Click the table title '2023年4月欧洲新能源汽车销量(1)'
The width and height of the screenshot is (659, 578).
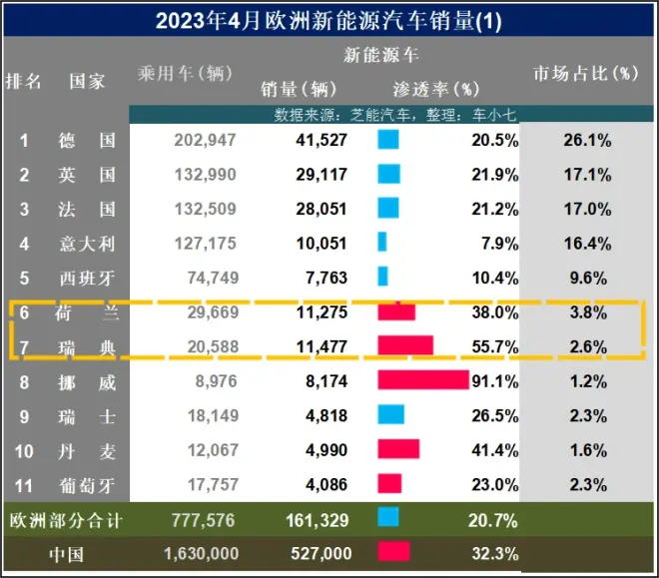329,19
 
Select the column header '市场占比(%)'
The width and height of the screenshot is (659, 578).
584,73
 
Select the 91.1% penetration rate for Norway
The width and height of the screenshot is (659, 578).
495,381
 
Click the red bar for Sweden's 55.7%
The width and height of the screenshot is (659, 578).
405,345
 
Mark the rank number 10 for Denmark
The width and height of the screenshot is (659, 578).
25,451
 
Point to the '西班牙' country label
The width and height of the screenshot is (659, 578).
88,278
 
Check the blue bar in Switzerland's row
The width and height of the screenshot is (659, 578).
391,415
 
